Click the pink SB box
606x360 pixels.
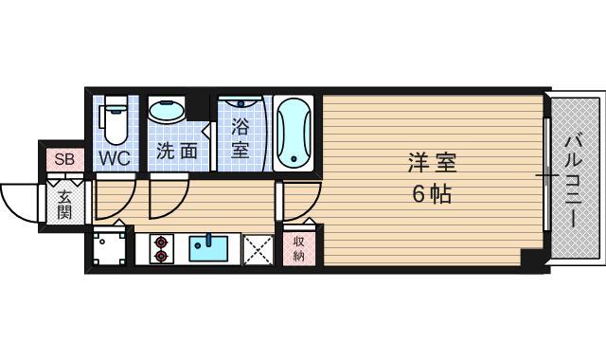(x=63, y=158)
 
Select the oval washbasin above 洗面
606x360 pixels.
(x=169, y=112)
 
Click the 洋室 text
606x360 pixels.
(x=431, y=162)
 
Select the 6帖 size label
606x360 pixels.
(x=431, y=194)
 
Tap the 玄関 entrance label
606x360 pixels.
(x=64, y=204)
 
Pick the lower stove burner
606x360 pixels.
(x=160, y=255)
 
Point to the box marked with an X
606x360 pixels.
(x=257, y=249)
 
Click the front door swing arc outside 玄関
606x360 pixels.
(x=21, y=199)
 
